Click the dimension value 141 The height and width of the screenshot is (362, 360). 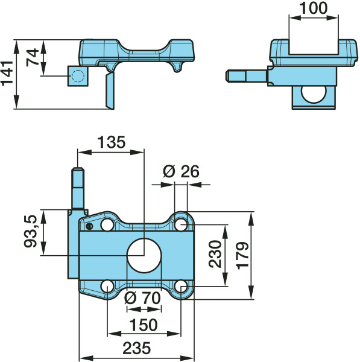[7, 73]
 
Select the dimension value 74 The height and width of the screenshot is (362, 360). [33, 57]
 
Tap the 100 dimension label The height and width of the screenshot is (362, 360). [313, 8]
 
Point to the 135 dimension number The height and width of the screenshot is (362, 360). [112, 142]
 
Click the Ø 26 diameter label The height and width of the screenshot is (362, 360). [181, 171]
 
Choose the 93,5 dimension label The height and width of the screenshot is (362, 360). [31, 231]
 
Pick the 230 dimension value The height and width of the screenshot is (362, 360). [215, 254]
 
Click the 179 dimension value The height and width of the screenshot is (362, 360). [242, 256]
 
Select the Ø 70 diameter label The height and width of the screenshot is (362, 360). [142, 298]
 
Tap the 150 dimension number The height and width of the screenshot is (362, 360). [144, 325]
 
